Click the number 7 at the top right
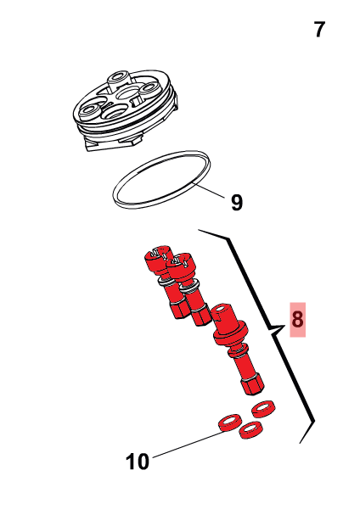pyautogui.click(x=319, y=30)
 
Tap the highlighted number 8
pyautogui.click(x=297, y=319)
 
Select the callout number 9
pyautogui.click(x=237, y=202)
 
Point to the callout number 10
pyautogui.click(x=138, y=462)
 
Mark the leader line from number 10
pyautogui.click(x=188, y=444)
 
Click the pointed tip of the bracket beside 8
pyautogui.click(x=270, y=328)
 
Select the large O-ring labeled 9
pyautogui.click(x=161, y=179)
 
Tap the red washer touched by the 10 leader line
pyautogui.click(x=230, y=423)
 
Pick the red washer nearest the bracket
pyautogui.click(x=263, y=408)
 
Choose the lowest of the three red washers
pyautogui.click(x=251, y=430)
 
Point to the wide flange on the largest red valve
pyautogui.click(x=231, y=334)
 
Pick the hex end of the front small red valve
pyautogui.click(x=200, y=316)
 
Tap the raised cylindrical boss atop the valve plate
pyautogui.click(x=118, y=81)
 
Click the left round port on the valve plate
pyautogui.click(x=89, y=111)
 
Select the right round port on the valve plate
pyautogui.click(x=149, y=89)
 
